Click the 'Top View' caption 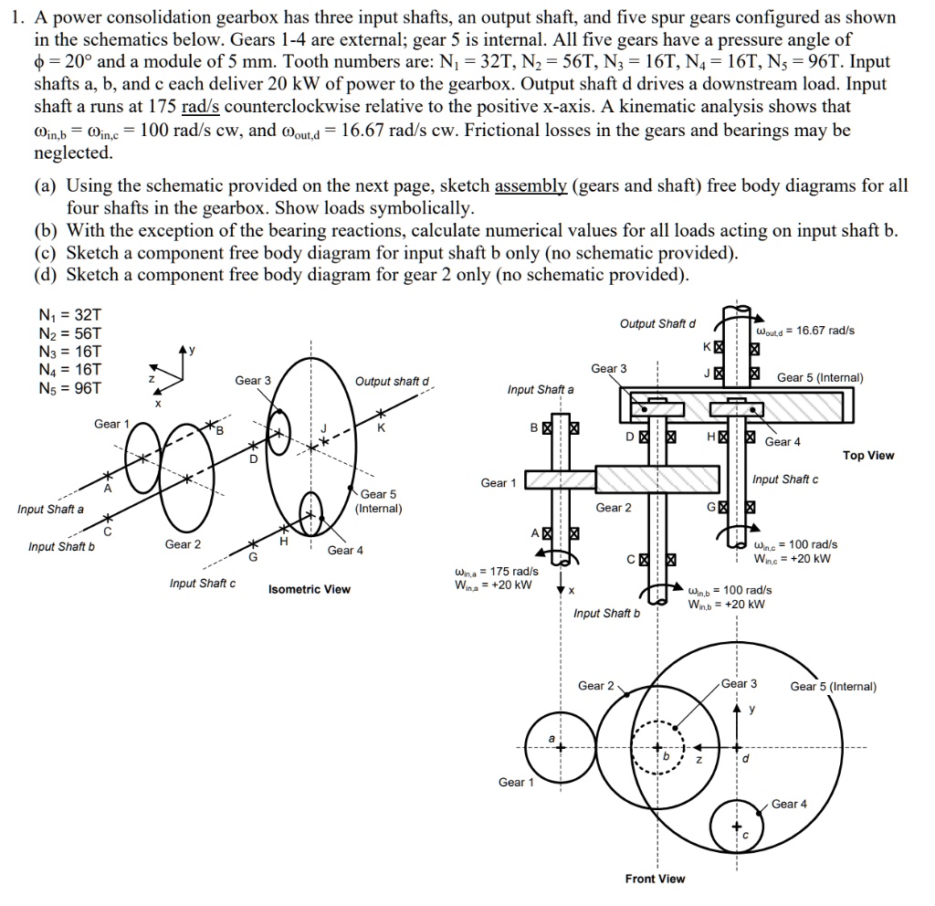(x=868, y=456)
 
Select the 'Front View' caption (x=655, y=879)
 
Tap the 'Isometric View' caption (x=310, y=589)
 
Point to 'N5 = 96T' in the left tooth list (x=60, y=389)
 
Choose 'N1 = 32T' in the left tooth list (x=60, y=316)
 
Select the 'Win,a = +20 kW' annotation (x=493, y=585)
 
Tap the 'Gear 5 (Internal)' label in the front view (x=833, y=687)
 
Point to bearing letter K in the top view (x=706, y=347)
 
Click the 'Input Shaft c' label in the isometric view (x=202, y=584)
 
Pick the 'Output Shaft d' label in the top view (x=657, y=324)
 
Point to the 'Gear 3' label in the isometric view (x=253, y=380)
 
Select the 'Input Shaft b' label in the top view (x=606, y=613)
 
